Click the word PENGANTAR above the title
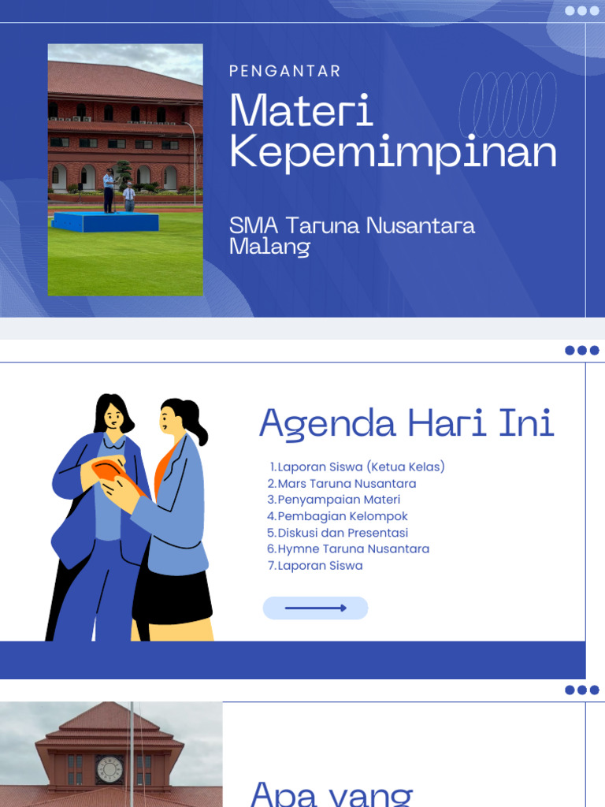tap(285, 71)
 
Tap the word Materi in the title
tap(302, 111)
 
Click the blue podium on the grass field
tap(105, 221)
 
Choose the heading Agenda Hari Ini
tap(406, 423)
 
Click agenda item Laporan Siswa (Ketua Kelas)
tap(357, 467)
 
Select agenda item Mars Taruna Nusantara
tap(342, 483)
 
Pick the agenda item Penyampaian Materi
tap(334, 500)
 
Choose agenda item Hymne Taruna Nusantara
tap(348, 549)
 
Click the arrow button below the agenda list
tap(315, 608)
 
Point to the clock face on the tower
tap(109, 769)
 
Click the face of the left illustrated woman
tap(113, 416)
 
